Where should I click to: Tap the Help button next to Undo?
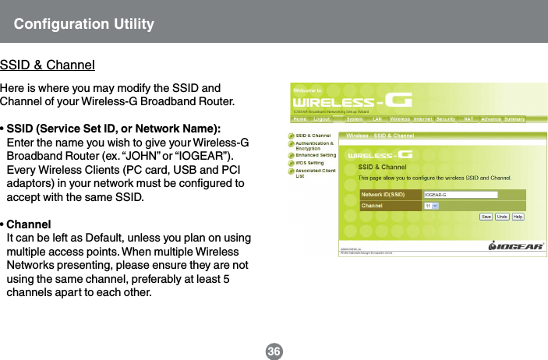(518, 216)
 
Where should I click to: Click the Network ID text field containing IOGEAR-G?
(461, 194)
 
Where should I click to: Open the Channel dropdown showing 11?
(431, 206)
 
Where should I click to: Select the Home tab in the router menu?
(299, 119)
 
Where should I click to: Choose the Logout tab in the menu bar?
(323, 119)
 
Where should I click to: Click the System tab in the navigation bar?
(354, 119)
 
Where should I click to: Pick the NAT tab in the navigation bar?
(469, 119)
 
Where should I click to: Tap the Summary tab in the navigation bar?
(514, 119)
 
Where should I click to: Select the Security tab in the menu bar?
(445, 119)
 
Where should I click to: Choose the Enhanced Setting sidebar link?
(316, 155)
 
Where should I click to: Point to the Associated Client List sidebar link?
(316, 171)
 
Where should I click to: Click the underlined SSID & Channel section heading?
(48, 64)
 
